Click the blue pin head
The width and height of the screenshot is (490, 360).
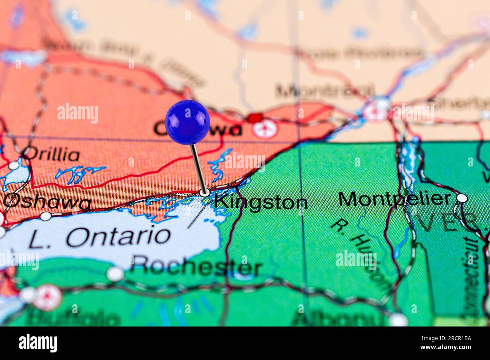pyautogui.click(x=187, y=122)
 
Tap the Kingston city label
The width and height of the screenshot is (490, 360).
pyautogui.click(x=261, y=202)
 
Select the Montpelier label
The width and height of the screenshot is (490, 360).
pyautogui.click(x=394, y=199)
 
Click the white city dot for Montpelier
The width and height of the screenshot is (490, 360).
pyautogui.click(x=461, y=198)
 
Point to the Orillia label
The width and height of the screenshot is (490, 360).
pyautogui.click(x=53, y=155)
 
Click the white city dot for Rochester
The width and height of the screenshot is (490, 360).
pyautogui.click(x=115, y=274)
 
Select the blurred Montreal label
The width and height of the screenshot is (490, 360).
pyautogui.click(x=324, y=91)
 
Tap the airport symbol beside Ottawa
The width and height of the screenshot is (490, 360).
pyautogui.click(x=266, y=129)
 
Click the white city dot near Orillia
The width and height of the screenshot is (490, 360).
pyautogui.click(x=14, y=166)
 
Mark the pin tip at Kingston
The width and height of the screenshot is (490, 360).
pyautogui.click(x=205, y=193)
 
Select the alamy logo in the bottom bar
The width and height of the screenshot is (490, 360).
pyautogui.click(x=38, y=343)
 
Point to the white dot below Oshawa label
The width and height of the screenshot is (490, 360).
pyautogui.click(x=46, y=216)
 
